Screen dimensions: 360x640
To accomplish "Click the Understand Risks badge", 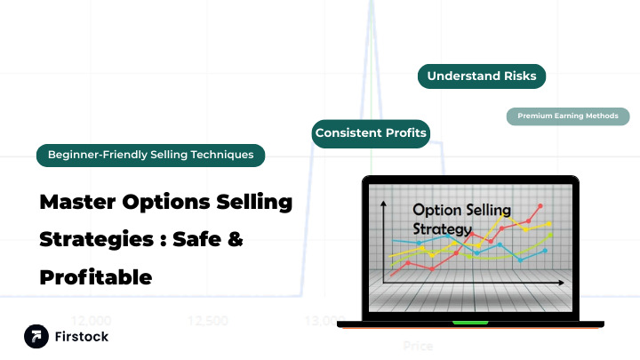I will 481,76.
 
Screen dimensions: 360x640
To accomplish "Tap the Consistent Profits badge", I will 371,133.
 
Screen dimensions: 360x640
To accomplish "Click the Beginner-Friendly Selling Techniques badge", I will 151,155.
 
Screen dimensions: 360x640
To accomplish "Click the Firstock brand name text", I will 83,337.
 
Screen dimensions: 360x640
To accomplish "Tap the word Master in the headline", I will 75,202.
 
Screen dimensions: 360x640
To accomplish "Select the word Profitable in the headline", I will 96,276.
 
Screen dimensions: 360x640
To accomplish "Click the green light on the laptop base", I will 470,322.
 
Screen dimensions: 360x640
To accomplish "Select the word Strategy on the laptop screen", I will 442,228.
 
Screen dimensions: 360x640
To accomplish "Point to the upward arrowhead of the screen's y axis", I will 383,205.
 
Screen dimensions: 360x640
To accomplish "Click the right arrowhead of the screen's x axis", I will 562,283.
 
